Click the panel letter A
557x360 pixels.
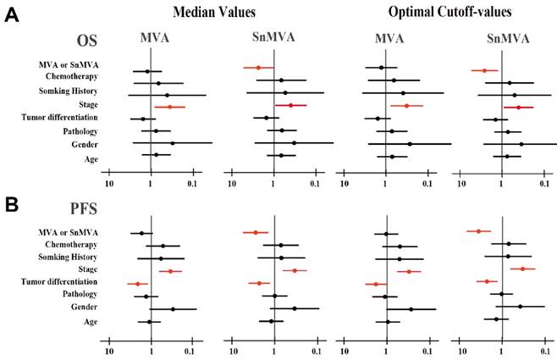click(x=11, y=15)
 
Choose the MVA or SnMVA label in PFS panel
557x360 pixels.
click(x=67, y=231)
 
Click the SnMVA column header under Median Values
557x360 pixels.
click(x=272, y=38)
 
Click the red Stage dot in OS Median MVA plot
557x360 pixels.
click(x=169, y=108)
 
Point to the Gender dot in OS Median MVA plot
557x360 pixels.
click(x=172, y=143)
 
